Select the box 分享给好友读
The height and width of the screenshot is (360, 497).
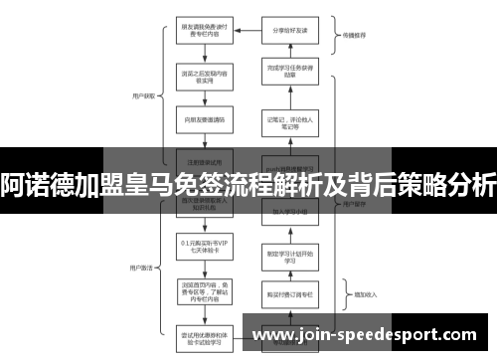tap(289, 30)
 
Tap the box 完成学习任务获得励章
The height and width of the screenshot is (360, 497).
tap(289, 72)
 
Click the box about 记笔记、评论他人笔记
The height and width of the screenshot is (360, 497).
tap(289, 122)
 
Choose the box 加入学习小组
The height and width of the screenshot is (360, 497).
tap(289, 212)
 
